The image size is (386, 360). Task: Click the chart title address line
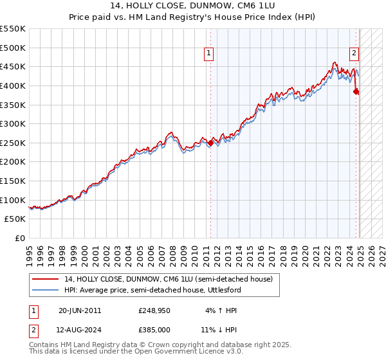[192, 8]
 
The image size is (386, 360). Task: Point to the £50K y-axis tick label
[15, 219]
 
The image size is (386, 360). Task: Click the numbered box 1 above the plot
[210, 54]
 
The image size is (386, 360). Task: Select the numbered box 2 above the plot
[354, 54]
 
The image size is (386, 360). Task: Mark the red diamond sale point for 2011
[210, 144]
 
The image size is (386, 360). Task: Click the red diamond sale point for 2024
[356, 92]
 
